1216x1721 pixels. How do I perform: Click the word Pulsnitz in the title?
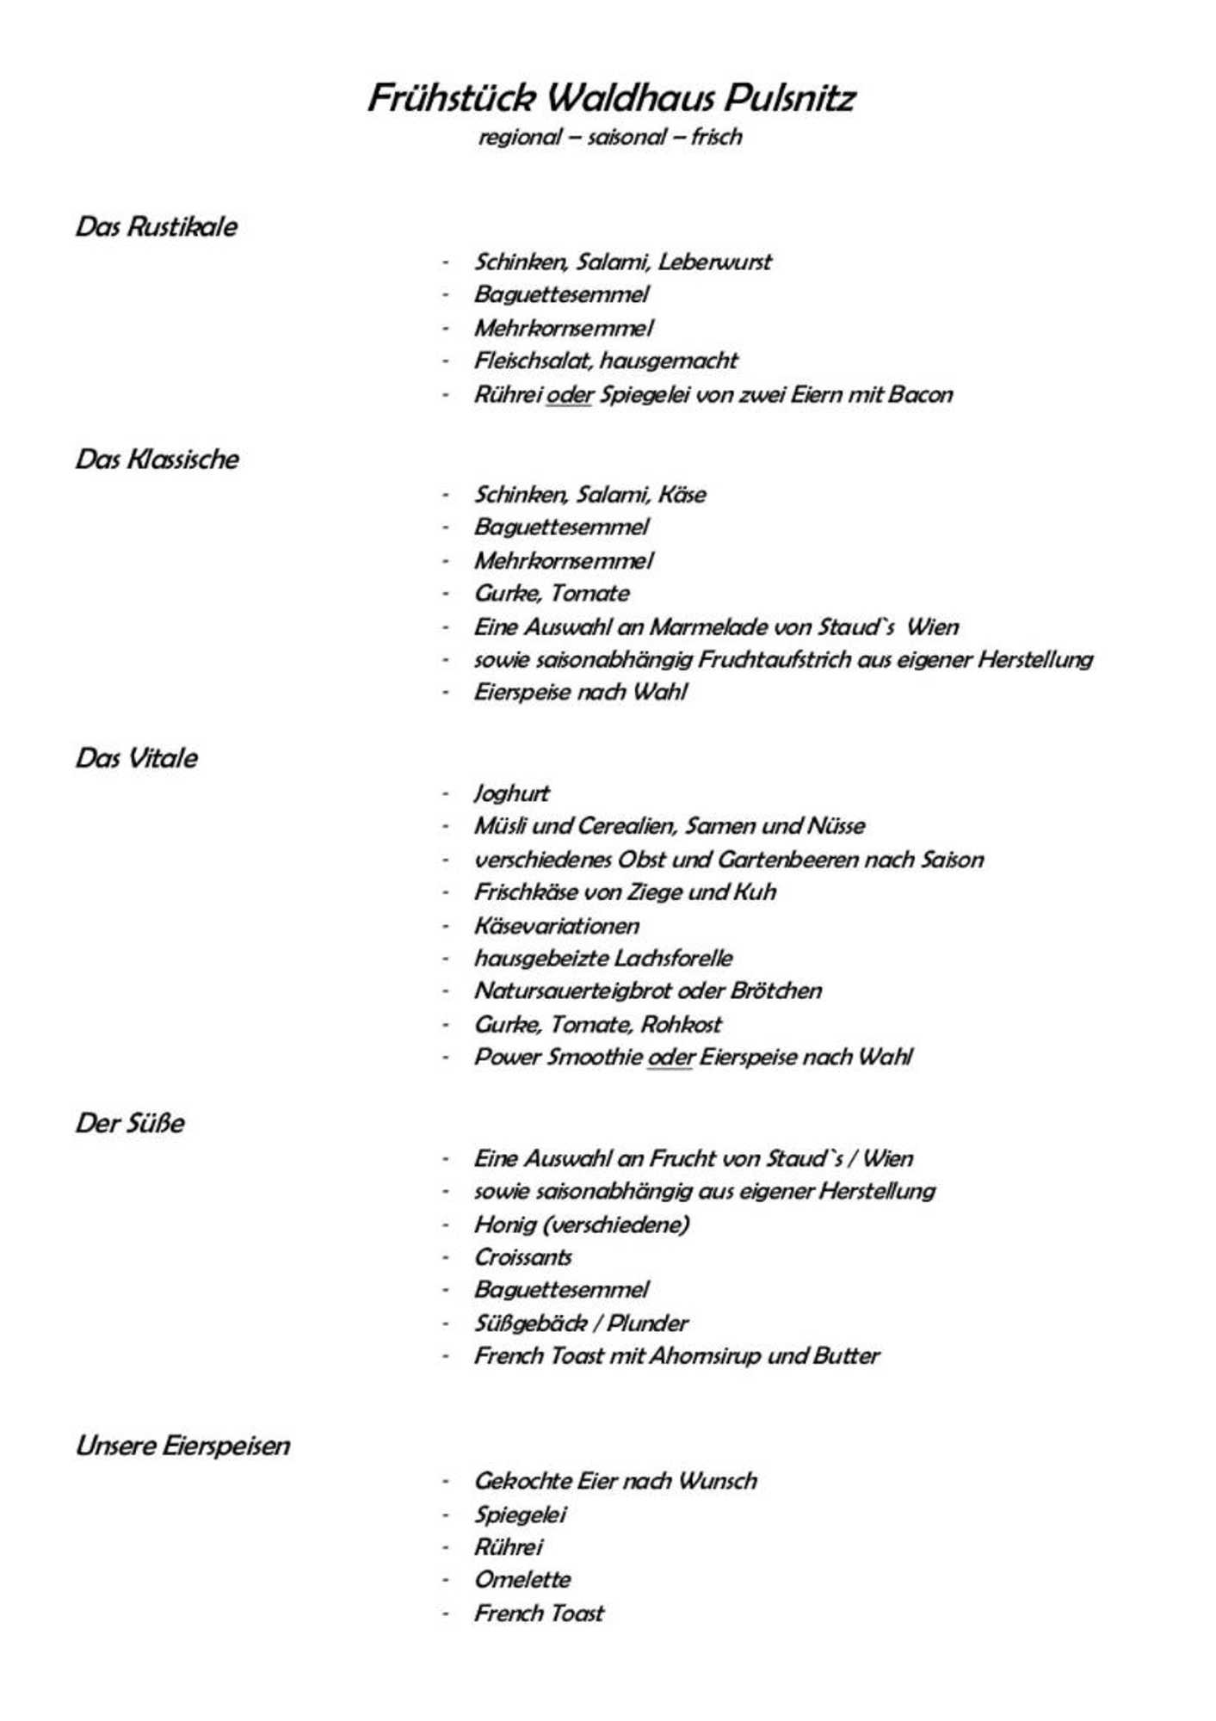pos(788,99)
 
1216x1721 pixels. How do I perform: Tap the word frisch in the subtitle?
pos(716,137)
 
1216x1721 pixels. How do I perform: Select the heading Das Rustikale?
pos(157,227)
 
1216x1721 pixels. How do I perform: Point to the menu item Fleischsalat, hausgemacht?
pos(606,361)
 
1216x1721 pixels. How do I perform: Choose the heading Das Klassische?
pos(157,460)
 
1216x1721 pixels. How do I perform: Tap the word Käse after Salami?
pos(682,495)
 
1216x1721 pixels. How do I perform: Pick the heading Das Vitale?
pos(137,759)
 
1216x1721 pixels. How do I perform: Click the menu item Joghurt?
pos(511,793)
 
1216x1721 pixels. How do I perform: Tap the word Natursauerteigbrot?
pos(572,991)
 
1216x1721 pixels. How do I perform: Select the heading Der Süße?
pos(130,1124)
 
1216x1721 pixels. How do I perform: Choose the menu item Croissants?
pos(523,1258)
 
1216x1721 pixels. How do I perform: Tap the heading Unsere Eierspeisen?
pos(183,1447)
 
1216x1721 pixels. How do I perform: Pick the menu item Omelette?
pos(522,1581)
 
